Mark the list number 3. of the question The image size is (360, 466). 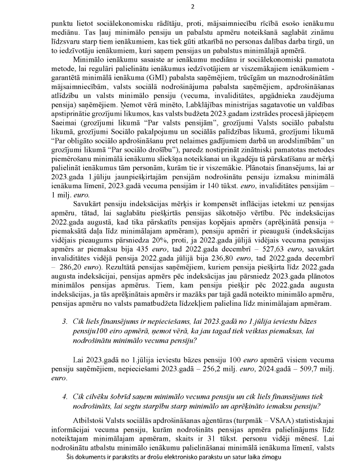click(x=66, y=322)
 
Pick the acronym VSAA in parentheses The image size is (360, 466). click(x=268, y=419)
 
